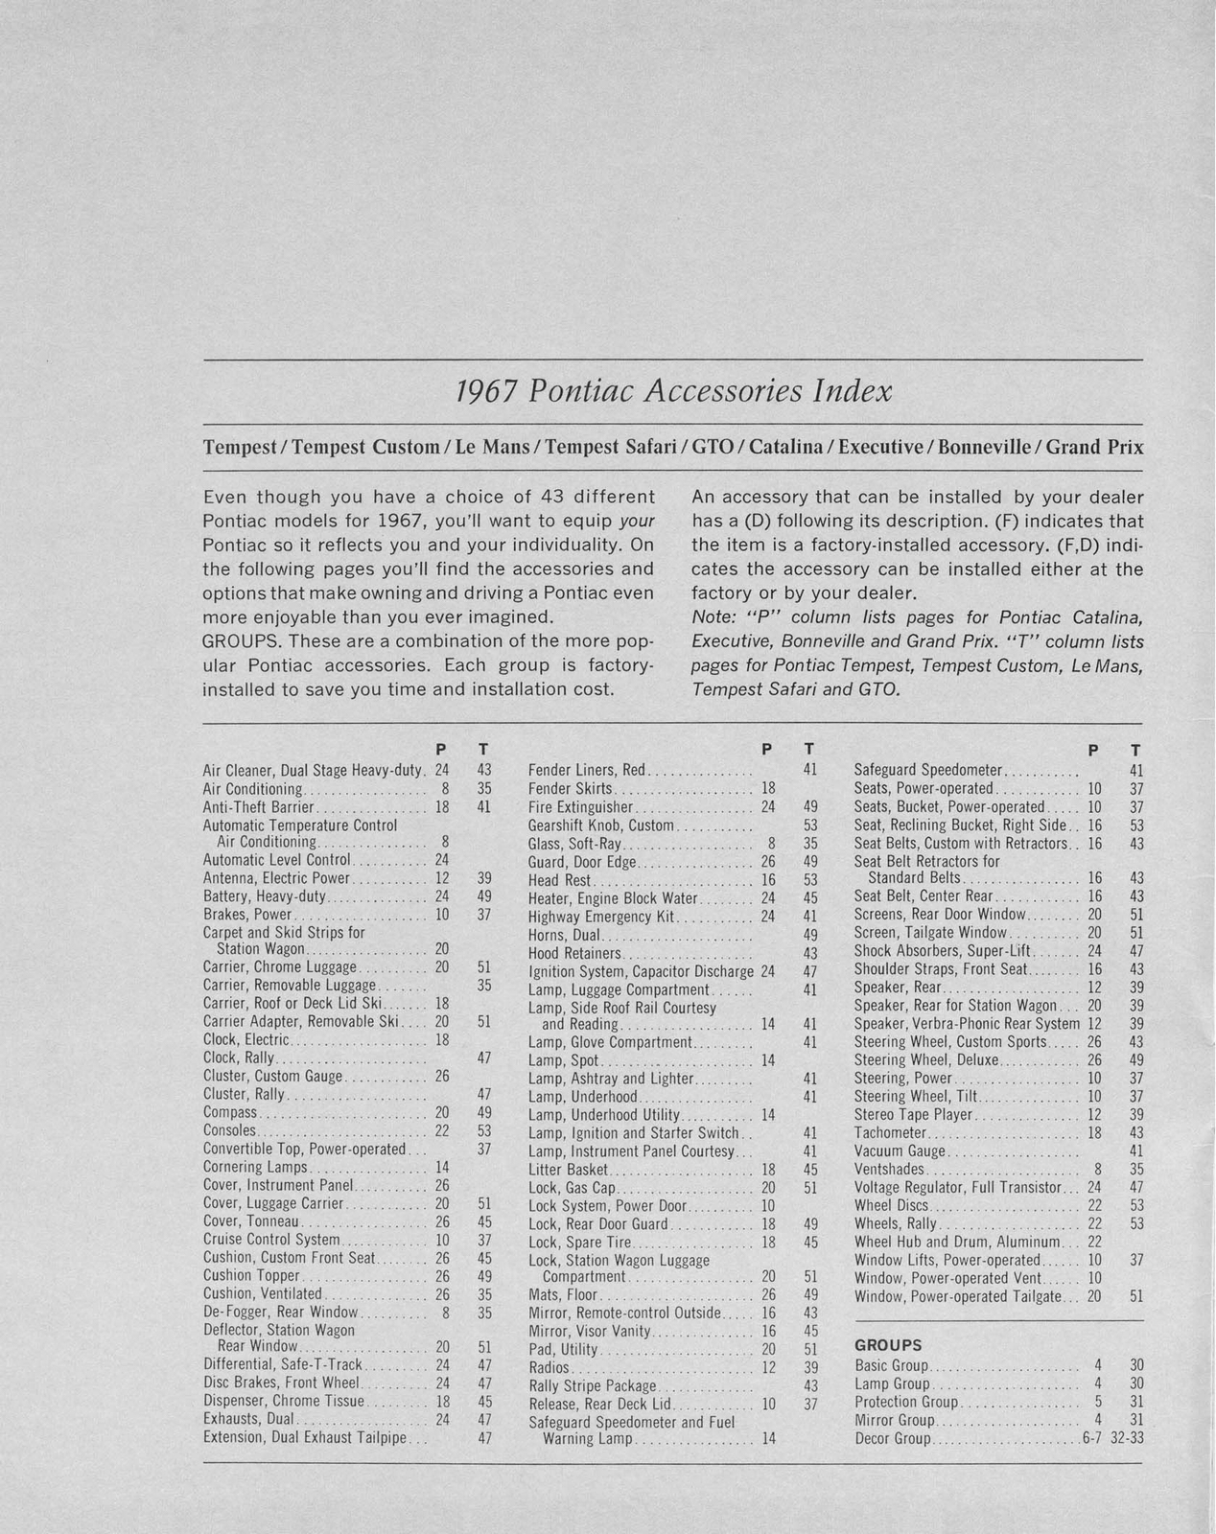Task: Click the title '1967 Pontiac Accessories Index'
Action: point(672,391)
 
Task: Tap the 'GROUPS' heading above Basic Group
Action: point(887,1345)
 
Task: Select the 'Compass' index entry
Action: point(230,1112)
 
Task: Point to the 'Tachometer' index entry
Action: point(889,1132)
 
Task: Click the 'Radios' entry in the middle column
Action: point(550,1368)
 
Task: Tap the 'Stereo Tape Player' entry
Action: point(913,1114)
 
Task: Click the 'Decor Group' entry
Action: point(892,1439)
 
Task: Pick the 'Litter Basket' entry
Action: point(568,1170)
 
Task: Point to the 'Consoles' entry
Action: point(229,1130)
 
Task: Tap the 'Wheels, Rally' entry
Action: point(897,1223)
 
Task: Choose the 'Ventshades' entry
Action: point(888,1169)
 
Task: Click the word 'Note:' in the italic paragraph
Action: point(712,616)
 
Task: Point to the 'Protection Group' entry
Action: point(905,1402)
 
